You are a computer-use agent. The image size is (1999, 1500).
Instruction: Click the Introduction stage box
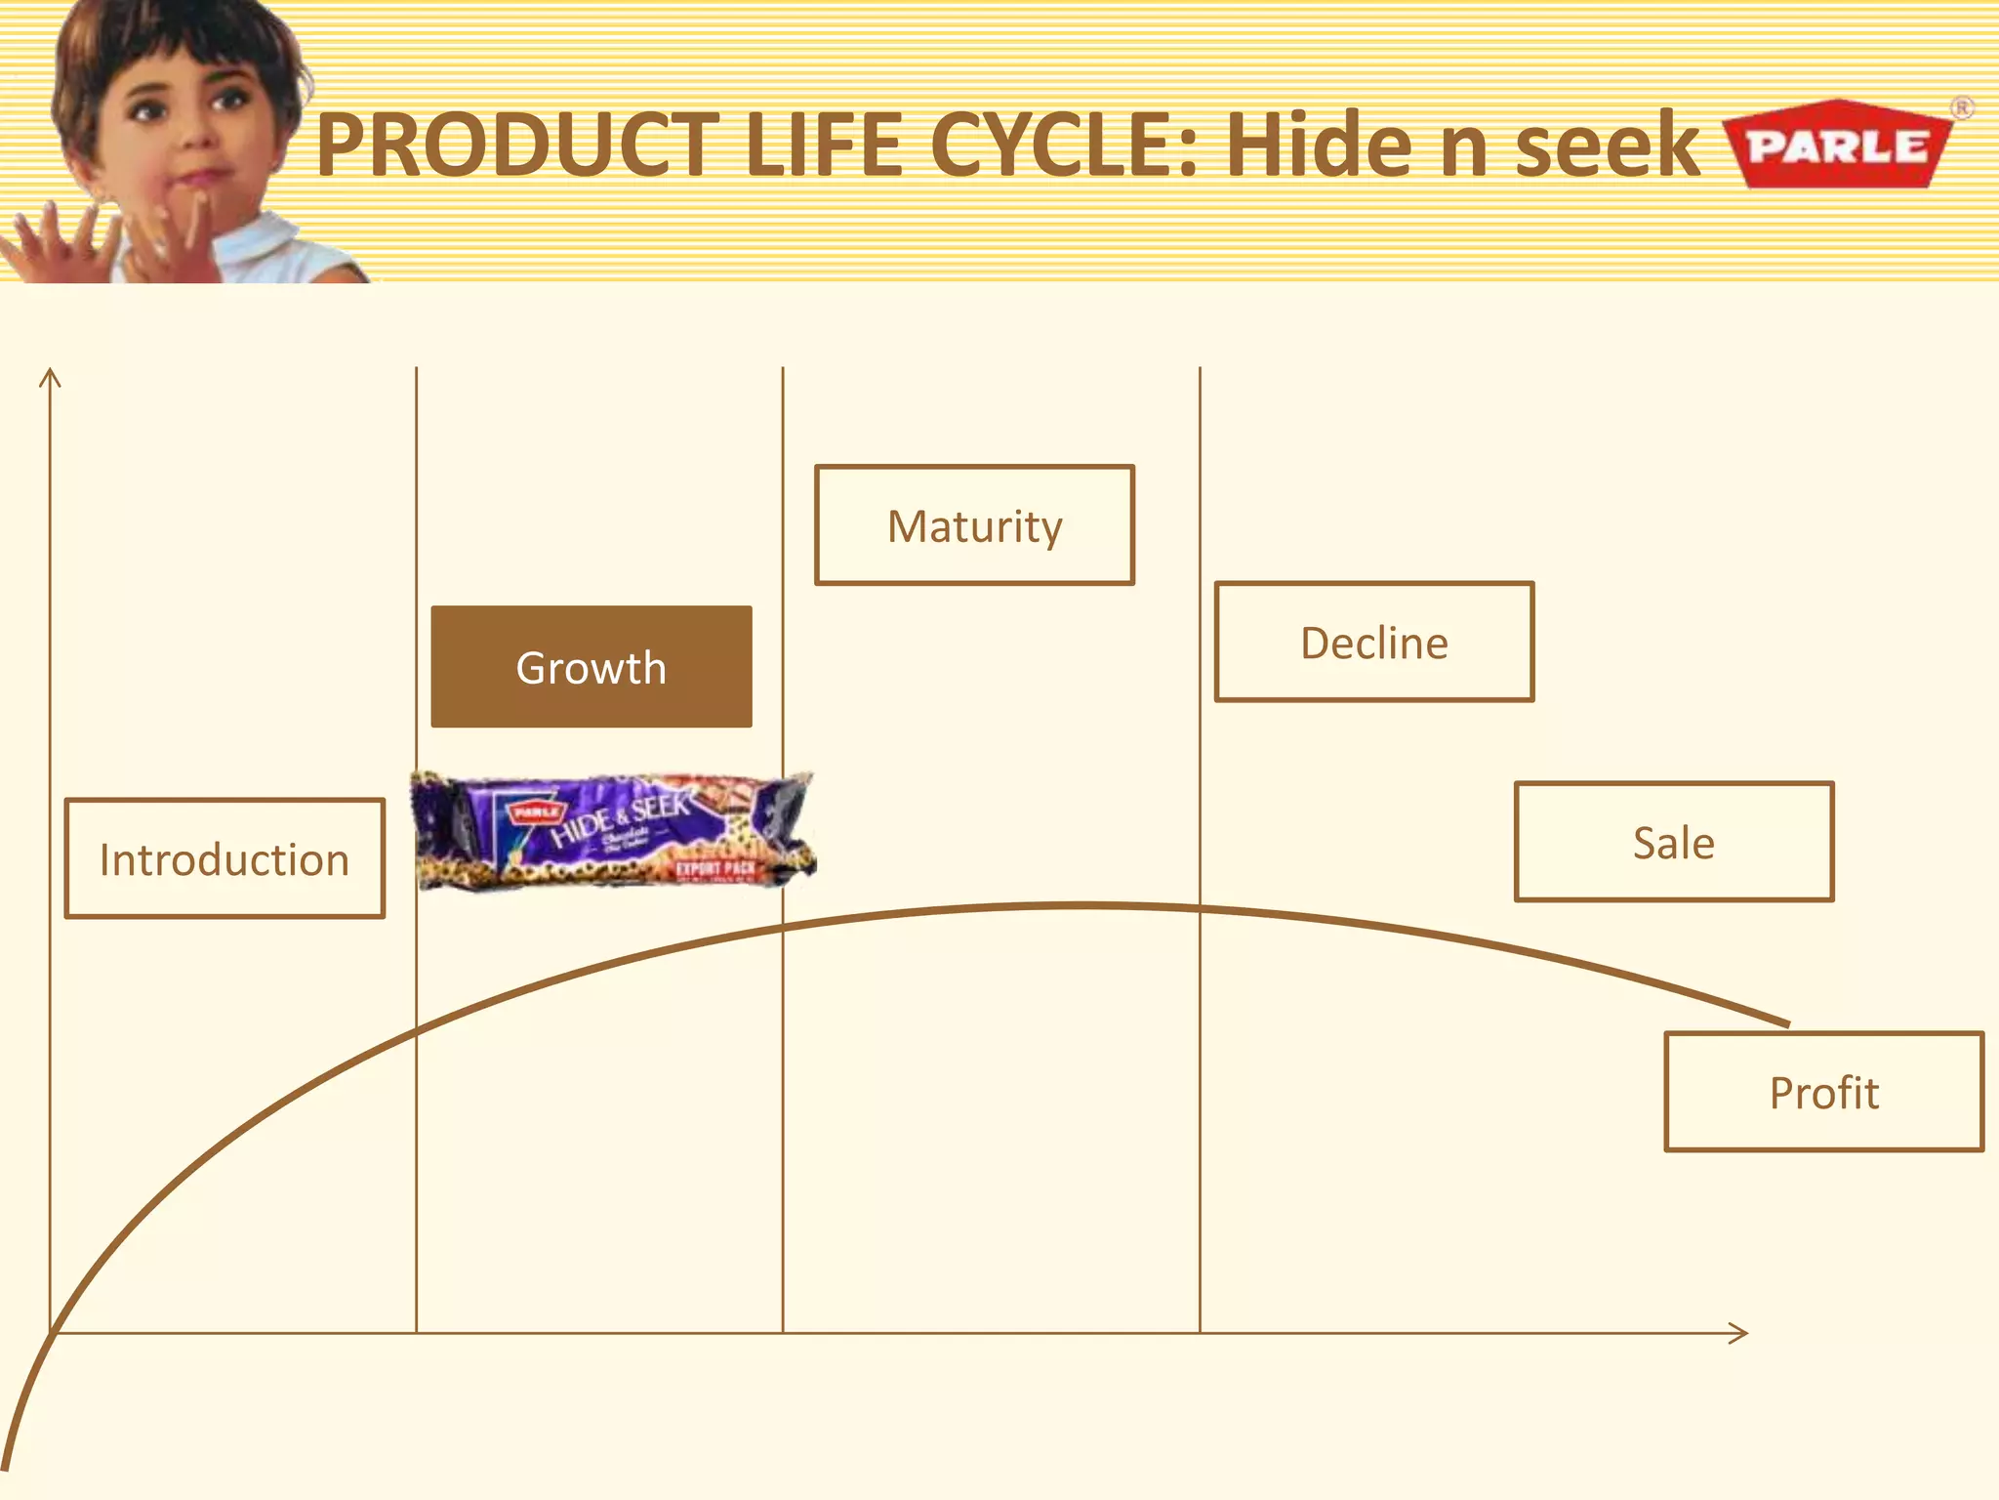click(x=224, y=858)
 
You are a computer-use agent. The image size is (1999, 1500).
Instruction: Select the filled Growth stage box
click(x=592, y=667)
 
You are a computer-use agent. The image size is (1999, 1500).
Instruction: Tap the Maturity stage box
click(x=974, y=525)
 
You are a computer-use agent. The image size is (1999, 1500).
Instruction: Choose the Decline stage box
click(x=1374, y=643)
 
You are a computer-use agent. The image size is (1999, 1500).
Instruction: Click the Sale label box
click(x=1674, y=842)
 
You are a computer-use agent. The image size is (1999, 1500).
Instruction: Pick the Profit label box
click(x=1824, y=1092)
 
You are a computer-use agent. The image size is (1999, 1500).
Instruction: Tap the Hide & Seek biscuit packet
click(x=613, y=830)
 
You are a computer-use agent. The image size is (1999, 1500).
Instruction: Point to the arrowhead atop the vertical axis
click(x=50, y=377)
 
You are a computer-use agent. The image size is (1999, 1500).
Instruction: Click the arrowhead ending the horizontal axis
click(x=1739, y=1333)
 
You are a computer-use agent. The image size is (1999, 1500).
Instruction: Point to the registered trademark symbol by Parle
click(x=1962, y=107)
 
